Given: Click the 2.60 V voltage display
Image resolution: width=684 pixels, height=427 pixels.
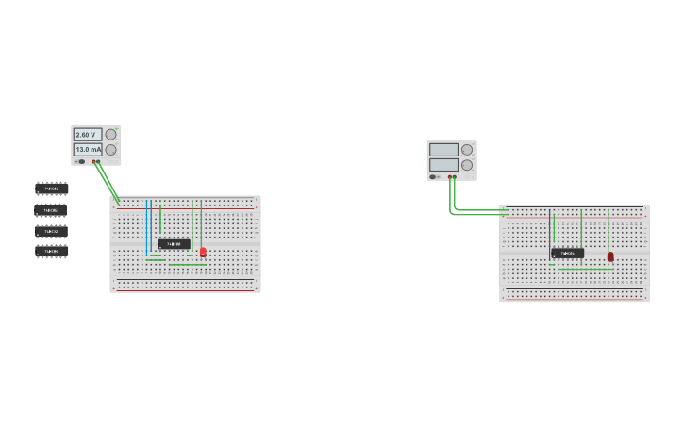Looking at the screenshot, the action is click(88, 135).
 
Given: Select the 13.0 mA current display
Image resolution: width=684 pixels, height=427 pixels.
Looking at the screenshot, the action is click(88, 150).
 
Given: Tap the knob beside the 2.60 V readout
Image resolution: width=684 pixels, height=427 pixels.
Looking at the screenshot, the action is click(111, 135).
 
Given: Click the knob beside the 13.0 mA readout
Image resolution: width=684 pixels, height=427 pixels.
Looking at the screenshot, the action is click(111, 150).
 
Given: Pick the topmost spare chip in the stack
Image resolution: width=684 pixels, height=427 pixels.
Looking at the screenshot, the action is click(51, 189).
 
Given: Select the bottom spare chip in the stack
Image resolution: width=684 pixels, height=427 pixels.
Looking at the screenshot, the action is click(51, 251).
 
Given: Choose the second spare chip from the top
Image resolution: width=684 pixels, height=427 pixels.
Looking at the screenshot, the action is click(51, 209).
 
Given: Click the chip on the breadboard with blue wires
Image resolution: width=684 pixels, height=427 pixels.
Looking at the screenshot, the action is click(174, 244).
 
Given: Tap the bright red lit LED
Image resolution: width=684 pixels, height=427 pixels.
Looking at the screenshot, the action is click(203, 252).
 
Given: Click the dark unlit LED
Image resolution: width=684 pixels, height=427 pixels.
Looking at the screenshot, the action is click(610, 256).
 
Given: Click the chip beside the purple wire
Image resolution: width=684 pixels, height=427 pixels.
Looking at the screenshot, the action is click(567, 253).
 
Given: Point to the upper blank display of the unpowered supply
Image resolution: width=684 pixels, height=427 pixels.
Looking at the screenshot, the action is click(443, 150).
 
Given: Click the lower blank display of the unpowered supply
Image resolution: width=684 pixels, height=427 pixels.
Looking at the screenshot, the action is click(443, 165).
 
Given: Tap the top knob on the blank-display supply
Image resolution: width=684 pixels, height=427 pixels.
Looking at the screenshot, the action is click(467, 150).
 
